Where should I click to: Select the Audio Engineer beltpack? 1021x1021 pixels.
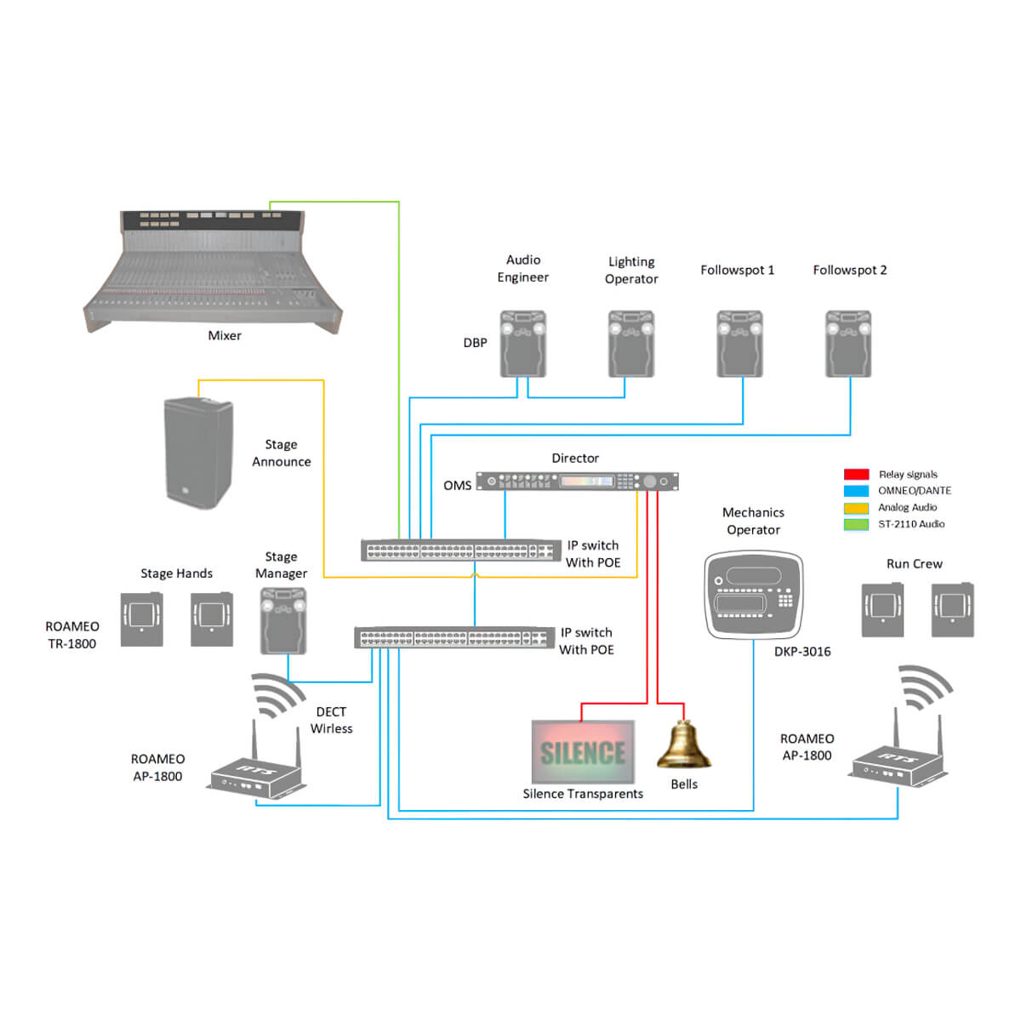pyautogui.click(x=522, y=344)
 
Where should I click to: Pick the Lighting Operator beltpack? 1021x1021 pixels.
pyautogui.click(x=631, y=344)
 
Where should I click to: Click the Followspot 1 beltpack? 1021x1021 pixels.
pyautogui.click(x=739, y=344)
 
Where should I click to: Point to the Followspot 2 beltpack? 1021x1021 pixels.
pyautogui.click(x=848, y=344)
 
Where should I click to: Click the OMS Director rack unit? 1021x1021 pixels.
pyautogui.click(x=577, y=482)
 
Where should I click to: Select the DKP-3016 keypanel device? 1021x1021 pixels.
pyautogui.click(x=754, y=595)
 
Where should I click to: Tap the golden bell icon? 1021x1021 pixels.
pyautogui.click(x=683, y=746)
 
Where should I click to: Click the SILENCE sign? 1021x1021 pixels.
pyautogui.click(x=583, y=752)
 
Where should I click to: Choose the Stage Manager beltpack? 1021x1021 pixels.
pyautogui.click(x=282, y=621)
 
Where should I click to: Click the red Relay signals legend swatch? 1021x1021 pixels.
pyautogui.click(x=856, y=475)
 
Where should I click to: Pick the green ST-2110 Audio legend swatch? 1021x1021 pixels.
pyautogui.click(x=856, y=524)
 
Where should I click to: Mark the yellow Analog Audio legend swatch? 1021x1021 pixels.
pyautogui.click(x=856, y=508)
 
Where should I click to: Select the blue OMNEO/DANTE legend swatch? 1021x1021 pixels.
pyautogui.click(x=856, y=491)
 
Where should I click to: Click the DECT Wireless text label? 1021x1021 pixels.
pyautogui.click(x=331, y=720)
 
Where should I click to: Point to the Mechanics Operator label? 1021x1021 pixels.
pyautogui.click(x=753, y=521)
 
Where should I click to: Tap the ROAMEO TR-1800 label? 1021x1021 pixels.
pyautogui.click(x=72, y=635)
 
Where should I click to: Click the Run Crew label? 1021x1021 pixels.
pyautogui.click(x=914, y=563)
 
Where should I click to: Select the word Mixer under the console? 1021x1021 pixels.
pyautogui.click(x=225, y=335)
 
